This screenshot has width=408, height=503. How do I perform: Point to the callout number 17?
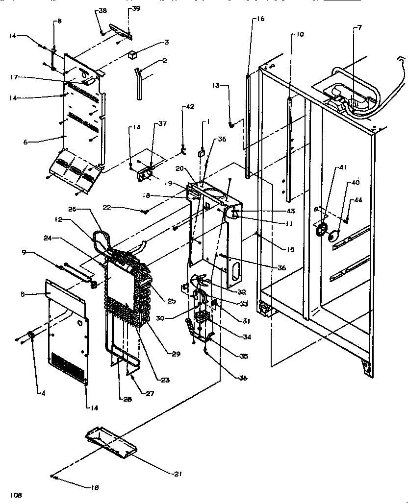[14, 76]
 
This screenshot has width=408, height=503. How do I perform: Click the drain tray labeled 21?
[109, 442]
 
